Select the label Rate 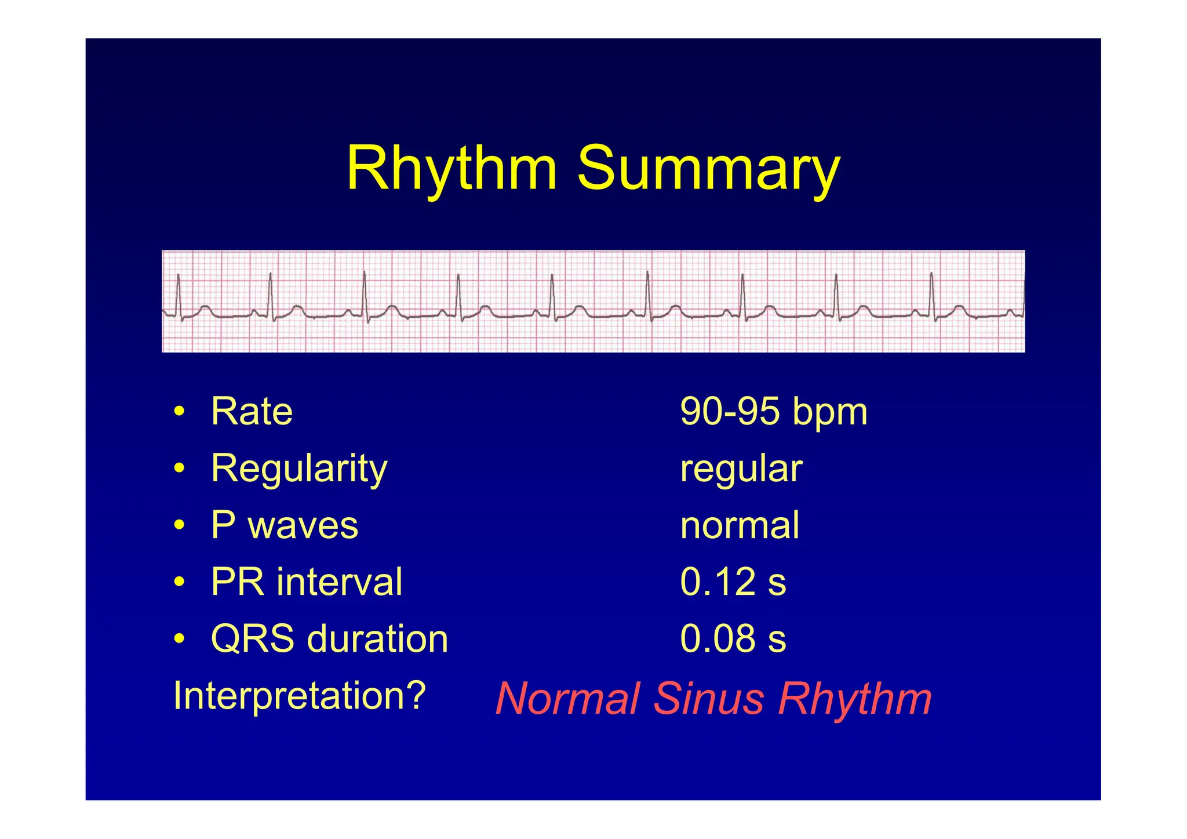pyautogui.click(x=252, y=412)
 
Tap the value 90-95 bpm pyautogui.click(x=773, y=412)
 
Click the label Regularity pyautogui.click(x=298, y=468)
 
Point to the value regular pyautogui.click(x=741, y=468)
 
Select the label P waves pyautogui.click(x=284, y=525)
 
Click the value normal pyautogui.click(x=740, y=525)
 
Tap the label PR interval pyautogui.click(x=306, y=582)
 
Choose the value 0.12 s pyautogui.click(x=733, y=582)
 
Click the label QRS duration pyautogui.click(x=329, y=638)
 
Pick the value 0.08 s pyautogui.click(x=733, y=638)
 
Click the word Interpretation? pyautogui.click(x=299, y=695)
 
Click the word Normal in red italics pyautogui.click(x=567, y=699)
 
